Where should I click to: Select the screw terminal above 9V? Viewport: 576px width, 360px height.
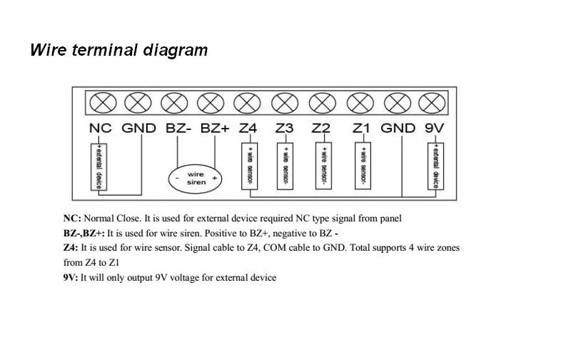(x=431, y=103)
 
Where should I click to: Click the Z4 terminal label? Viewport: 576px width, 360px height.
(x=247, y=129)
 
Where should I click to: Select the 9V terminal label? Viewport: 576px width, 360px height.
(x=434, y=129)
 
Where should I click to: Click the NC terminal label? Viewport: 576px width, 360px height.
(x=100, y=129)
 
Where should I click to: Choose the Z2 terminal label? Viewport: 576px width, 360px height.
(x=321, y=129)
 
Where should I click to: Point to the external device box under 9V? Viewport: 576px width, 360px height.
(x=434, y=166)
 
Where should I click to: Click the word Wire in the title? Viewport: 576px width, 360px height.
(x=48, y=50)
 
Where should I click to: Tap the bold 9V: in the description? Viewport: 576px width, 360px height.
(x=71, y=277)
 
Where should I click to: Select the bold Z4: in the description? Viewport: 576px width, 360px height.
(x=71, y=248)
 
